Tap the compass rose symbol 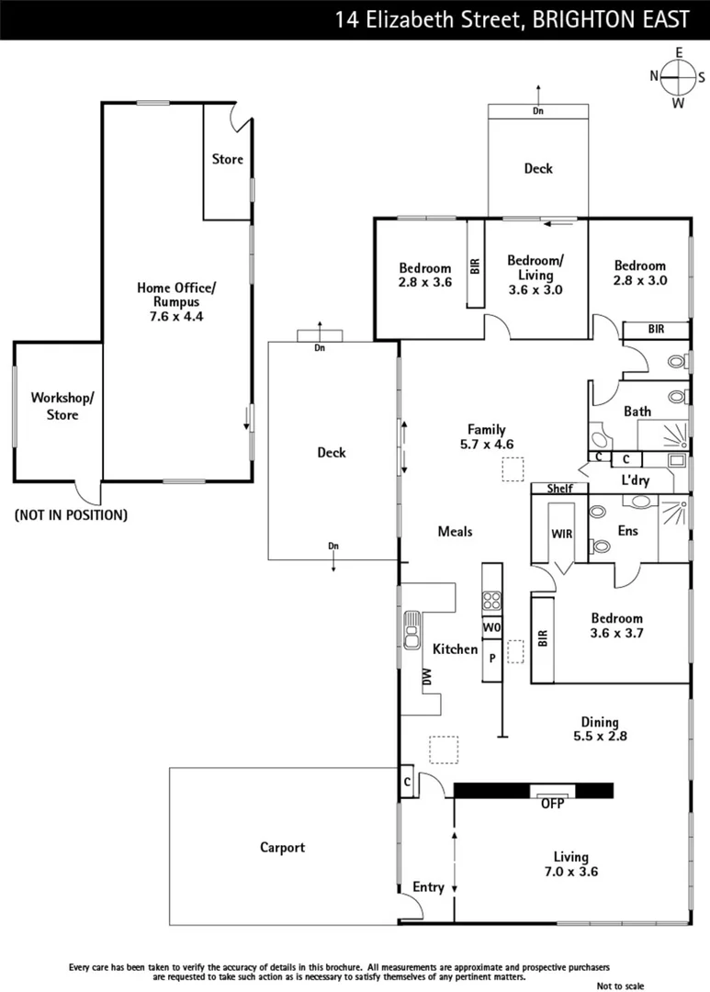click(x=679, y=77)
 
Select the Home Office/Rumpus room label click(x=175, y=301)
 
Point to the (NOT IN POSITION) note click(x=71, y=515)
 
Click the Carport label click(x=282, y=848)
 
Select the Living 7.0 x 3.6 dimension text click(x=569, y=864)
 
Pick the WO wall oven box click(x=492, y=627)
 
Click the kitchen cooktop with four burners click(x=492, y=602)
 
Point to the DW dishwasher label click(x=427, y=676)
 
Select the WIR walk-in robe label click(x=561, y=534)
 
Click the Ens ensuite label click(x=627, y=531)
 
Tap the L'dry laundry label click(x=636, y=480)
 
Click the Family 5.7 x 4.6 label click(x=486, y=436)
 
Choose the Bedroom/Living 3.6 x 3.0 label click(x=535, y=275)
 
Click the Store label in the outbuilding click(x=228, y=159)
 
